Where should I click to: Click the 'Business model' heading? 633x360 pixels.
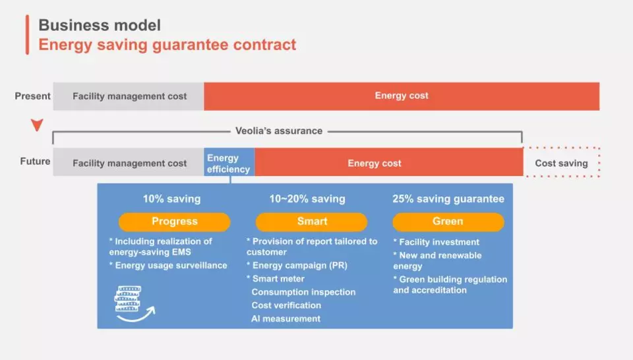100,25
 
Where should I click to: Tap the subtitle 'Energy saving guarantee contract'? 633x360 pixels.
167,45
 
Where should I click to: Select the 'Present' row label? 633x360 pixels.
33,96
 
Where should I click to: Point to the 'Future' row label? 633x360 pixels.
35,161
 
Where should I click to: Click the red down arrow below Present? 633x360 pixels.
37,125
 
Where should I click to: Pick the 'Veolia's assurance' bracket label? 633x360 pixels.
279,131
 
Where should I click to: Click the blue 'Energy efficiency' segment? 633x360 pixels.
229,162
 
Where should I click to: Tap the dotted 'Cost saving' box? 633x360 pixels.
562,162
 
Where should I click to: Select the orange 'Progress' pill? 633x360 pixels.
174,222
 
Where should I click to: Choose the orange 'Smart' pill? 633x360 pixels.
312,222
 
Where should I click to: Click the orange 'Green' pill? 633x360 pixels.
448,222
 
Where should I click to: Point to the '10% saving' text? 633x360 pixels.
171,198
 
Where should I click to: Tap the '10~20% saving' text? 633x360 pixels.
307,198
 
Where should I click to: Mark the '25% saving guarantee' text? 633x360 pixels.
448,198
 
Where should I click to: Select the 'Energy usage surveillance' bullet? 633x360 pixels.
168,265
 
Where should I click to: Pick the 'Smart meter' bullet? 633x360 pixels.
276,278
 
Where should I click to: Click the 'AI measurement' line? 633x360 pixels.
286,318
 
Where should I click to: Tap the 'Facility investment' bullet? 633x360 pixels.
437,242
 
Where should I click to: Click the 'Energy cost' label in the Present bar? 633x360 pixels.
402,96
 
